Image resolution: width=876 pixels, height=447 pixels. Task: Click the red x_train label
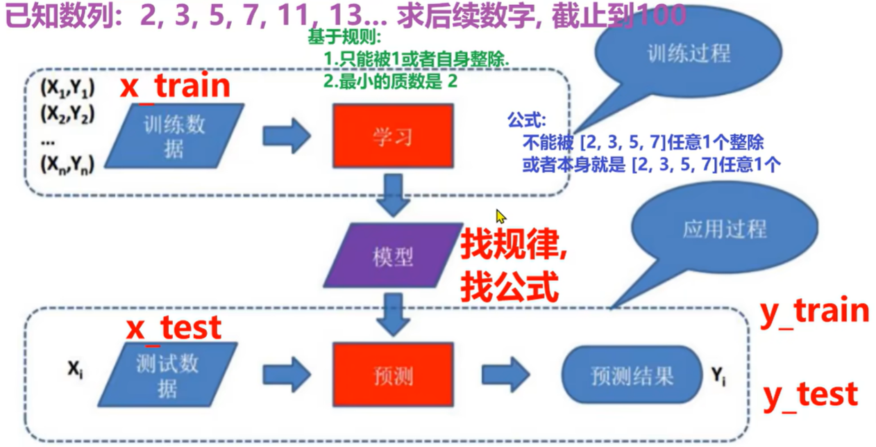[x=175, y=86]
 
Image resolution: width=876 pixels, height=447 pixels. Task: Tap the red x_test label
[x=174, y=327]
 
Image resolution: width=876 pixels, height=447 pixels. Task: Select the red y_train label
[x=815, y=312]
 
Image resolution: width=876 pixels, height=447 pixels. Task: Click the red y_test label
[x=810, y=396]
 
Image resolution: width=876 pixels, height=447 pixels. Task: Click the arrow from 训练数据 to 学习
[x=286, y=136]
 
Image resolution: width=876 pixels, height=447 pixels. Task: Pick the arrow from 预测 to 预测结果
[x=506, y=376]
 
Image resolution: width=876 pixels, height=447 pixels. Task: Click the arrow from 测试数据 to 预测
[x=286, y=376]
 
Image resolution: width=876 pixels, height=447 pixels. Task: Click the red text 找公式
[x=510, y=286]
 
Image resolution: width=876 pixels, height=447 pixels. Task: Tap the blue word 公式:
[x=527, y=119]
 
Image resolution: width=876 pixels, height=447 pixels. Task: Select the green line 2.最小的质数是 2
[x=391, y=81]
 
